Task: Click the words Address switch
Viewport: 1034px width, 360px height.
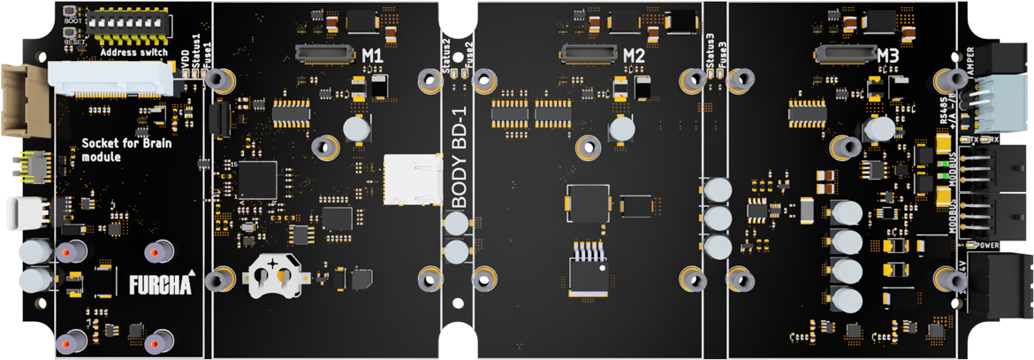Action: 134,52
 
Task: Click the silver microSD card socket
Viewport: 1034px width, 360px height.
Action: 413,180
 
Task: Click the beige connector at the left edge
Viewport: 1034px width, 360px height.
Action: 19,98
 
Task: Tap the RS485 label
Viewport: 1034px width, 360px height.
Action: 942,116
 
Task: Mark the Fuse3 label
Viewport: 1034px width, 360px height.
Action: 723,56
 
